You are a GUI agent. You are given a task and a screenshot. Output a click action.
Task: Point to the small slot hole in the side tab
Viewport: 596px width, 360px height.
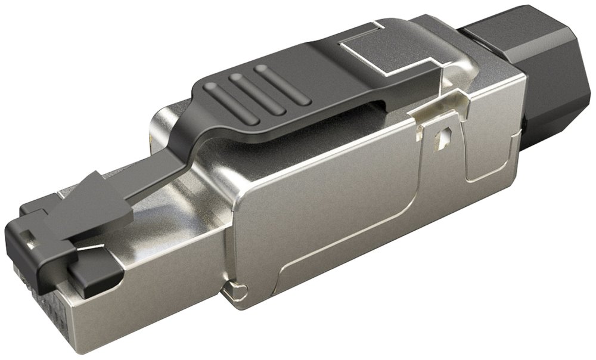(x=442, y=140)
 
